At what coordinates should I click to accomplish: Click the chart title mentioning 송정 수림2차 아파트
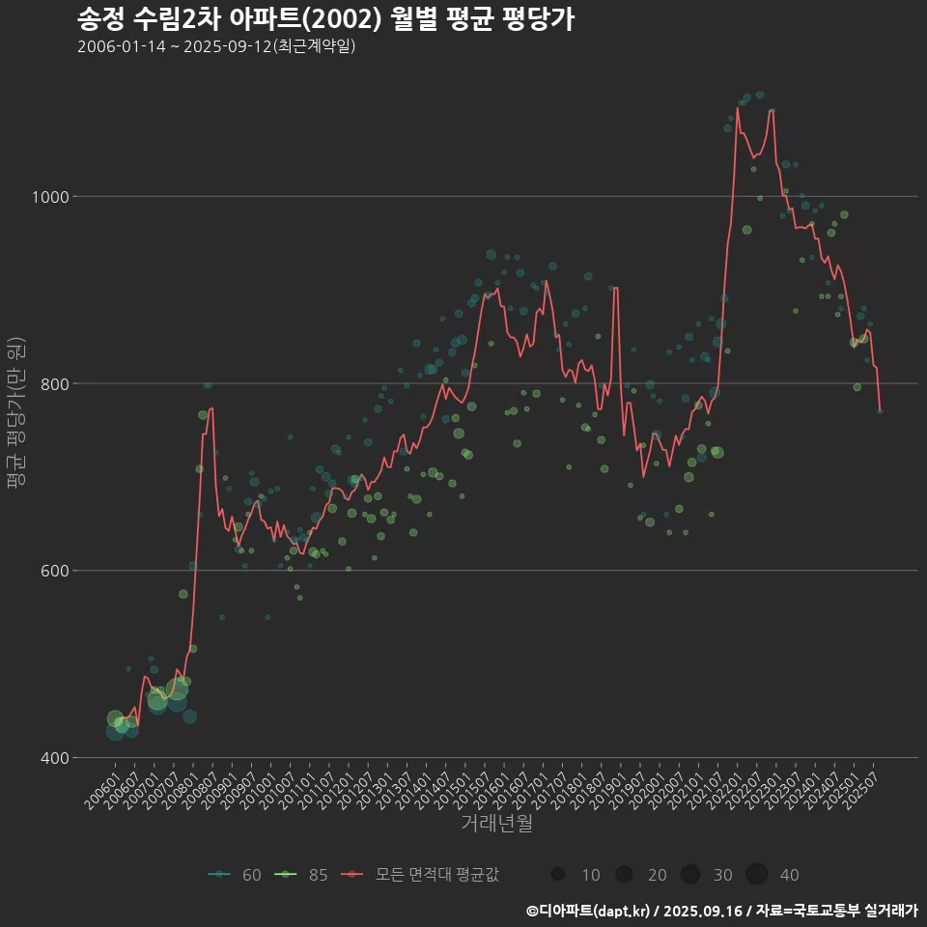point(325,17)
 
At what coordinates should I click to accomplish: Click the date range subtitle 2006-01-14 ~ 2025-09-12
point(216,46)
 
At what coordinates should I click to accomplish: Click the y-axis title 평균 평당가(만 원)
point(14,415)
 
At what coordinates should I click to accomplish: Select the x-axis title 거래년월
point(496,824)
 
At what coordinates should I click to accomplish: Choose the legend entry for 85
point(301,875)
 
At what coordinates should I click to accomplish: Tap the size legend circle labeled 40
point(756,875)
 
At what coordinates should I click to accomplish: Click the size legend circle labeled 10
point(557,875)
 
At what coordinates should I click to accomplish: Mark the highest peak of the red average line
point(738,107)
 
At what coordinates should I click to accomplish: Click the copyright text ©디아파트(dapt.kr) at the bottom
point(591,911)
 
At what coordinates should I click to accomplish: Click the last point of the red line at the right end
point(880,410)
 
